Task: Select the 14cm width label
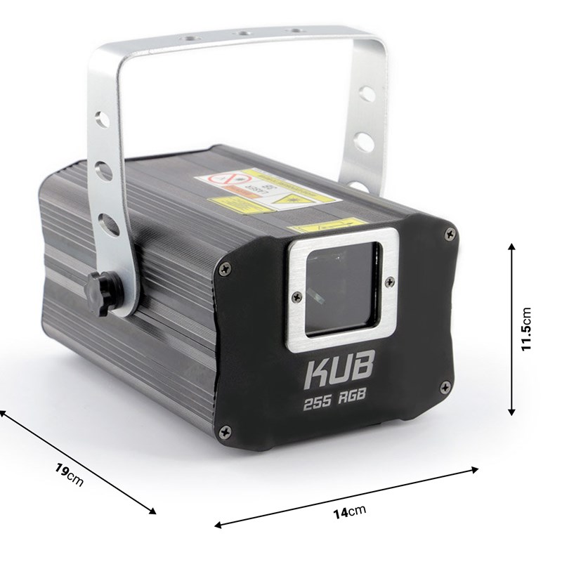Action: pyautogui.click(x=346, y=511)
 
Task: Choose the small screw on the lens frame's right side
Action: pyautogui.click(x=387, y=281)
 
